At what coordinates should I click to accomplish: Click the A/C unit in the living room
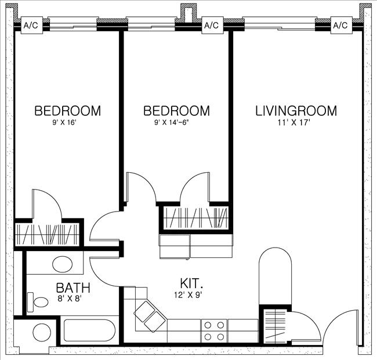pos(340,26)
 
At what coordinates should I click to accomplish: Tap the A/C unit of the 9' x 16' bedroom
pos(30,26)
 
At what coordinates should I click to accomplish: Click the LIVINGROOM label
pos(296,110)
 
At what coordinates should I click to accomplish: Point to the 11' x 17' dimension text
pos(296,122)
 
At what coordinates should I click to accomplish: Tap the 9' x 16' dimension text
pos(67,122)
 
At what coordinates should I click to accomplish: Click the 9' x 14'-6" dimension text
pos(176,122)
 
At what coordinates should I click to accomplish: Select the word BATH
pos(72,288)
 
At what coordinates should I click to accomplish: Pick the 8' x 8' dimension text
pos(72,299)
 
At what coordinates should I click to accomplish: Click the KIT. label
pos(191,283)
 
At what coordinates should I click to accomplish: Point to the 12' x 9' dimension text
pos(191,294)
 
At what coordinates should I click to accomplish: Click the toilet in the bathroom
pos(39,302)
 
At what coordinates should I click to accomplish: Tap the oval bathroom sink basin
pos(63,264)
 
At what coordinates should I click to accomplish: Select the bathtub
pos(90,331)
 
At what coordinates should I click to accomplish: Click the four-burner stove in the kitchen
pos(213,331)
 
